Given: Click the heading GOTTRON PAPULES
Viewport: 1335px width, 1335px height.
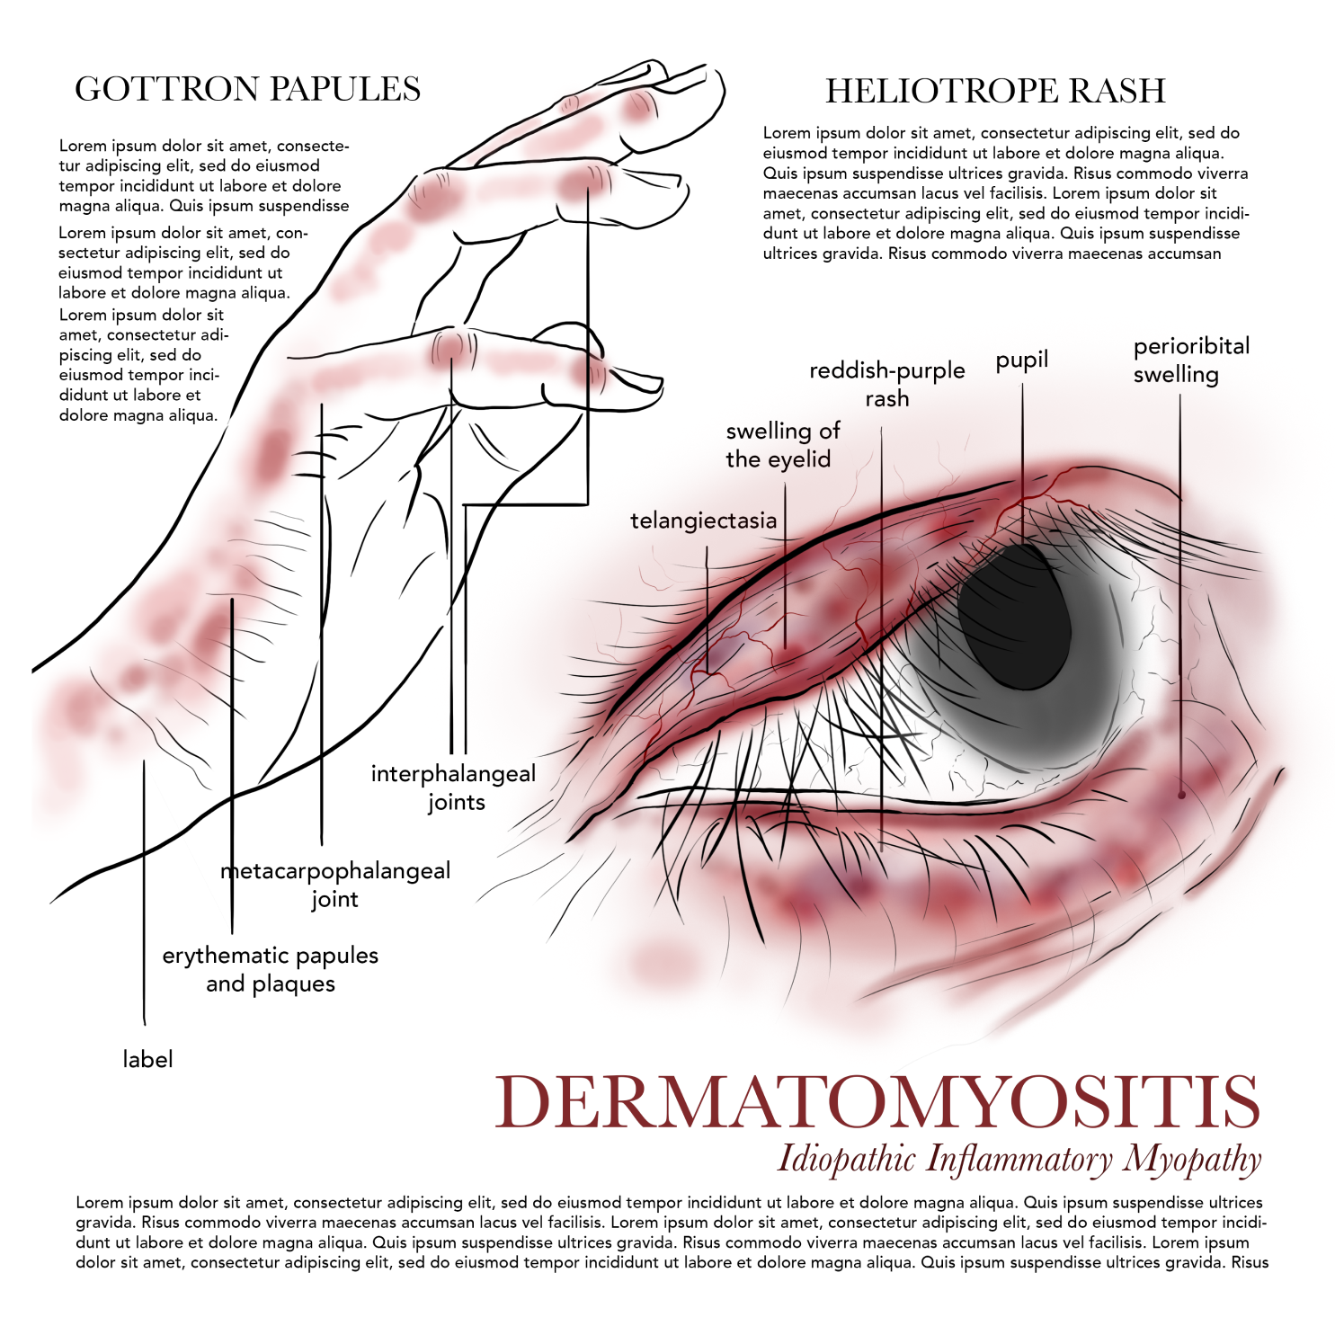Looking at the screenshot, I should tap(247, 89).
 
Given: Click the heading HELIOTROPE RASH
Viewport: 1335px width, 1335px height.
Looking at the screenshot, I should tap(995, 91).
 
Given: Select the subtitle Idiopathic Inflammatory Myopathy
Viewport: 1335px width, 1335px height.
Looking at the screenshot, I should tap(1019, 1160).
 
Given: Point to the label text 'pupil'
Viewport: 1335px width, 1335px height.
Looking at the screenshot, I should tap(1022, 360).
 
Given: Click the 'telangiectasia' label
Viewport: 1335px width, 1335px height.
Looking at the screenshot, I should tap(703, 521).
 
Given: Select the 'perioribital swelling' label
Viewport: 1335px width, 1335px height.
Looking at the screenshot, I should tap(1190, 360).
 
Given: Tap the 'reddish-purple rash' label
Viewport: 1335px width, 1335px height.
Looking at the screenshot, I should tap(886, 384).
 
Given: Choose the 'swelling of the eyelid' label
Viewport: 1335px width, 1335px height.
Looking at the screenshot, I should tap(781, 445).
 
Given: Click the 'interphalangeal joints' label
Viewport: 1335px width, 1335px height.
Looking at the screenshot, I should tap(454, 788).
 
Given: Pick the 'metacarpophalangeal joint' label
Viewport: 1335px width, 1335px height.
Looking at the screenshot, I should tap(335, 885).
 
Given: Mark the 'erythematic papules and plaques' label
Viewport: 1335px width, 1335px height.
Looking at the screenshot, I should tap(270, 969).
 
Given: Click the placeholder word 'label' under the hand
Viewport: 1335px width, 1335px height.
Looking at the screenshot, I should tap(147, 1059).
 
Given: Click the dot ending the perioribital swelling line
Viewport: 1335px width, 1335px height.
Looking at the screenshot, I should tap(1181, 795).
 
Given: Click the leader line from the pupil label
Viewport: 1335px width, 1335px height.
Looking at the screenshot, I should tap(1022, 449).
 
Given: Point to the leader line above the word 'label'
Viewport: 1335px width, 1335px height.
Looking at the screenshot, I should tap(144, 899).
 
